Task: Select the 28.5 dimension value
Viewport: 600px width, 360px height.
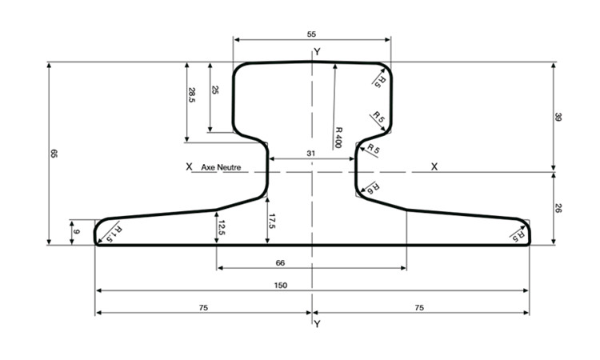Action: pyautogui.click(x=192, y=94)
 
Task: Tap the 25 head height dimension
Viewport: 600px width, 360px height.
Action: pyautogui.click(x=214, y=90)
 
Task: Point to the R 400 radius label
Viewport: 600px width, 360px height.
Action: pyautogui.click(x=338, y=137)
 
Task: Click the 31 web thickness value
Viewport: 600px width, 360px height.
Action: pyautogui.click(x=312, y=153)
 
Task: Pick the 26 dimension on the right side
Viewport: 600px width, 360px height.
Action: pyautogui.click(x=558, y=208)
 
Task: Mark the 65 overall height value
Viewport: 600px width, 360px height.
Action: pyautogui.click(x=54, y=153)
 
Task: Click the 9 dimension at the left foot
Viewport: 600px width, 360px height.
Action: pyautogui.click(x=77, y=232)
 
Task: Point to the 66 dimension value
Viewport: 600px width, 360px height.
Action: pyautogui.click(x=312, y=262)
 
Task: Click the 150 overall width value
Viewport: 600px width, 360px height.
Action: pyautogui.click(x=312, y=284)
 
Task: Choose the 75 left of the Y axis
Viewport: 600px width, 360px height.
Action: pyautogui.click(x=203, y=306)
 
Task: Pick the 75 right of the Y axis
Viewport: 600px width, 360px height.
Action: pyautogui.click(x=420, y=306)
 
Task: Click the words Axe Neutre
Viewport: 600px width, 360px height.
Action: pyautogui.click(x=222, y=167)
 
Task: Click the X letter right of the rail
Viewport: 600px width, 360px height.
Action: pyautogui.click(x=434, y=166)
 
